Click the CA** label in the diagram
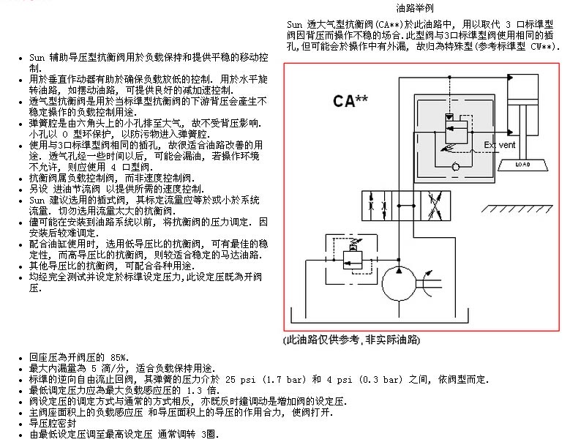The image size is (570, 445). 350,101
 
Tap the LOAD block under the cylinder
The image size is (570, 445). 522,165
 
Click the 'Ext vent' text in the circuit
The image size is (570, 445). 500,145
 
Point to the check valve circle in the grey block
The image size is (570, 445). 455,167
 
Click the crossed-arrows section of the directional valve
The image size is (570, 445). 435,206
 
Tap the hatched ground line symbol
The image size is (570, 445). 517,209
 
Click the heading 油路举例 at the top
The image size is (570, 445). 414,7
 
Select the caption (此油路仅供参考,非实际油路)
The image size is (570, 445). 351,340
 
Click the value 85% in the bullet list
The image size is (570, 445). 120,357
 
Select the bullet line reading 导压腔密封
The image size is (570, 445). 53,424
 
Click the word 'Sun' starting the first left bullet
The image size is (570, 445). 37,57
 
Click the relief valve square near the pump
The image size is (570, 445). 352,260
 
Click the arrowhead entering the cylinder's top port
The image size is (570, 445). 510,78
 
